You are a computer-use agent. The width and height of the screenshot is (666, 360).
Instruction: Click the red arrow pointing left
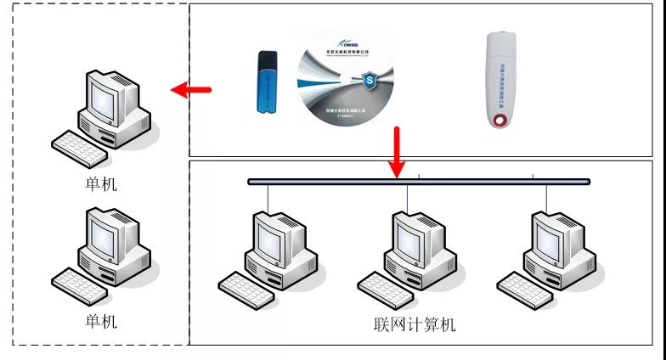click(x=190, y=88)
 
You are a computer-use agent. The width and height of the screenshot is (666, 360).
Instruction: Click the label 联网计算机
click(x=414, y=324)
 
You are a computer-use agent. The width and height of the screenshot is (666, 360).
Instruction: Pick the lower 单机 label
click(x=101, y=322)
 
